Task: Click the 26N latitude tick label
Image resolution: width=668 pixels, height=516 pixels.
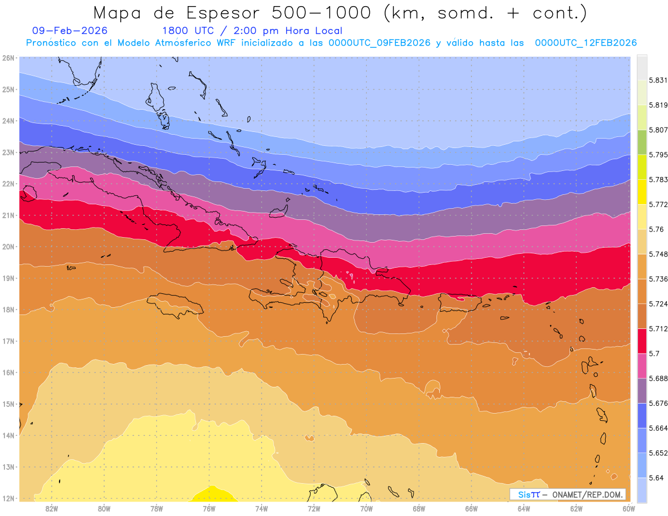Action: [8, 57]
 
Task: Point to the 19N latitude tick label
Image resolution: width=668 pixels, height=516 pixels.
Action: [8, 278]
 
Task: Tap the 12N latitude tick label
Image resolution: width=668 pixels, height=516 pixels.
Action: [8, 498]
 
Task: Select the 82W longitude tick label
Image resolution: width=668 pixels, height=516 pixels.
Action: [52, 508]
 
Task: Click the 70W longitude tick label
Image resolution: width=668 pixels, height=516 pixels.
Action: [366, 508]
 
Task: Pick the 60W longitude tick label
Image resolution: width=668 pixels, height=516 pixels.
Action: [628, 508]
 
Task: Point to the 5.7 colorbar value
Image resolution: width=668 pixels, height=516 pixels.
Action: [655, 353]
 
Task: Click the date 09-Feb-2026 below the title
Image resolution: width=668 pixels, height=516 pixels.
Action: [70, 31]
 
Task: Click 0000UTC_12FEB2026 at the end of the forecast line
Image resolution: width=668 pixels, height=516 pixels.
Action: [586, 43]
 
